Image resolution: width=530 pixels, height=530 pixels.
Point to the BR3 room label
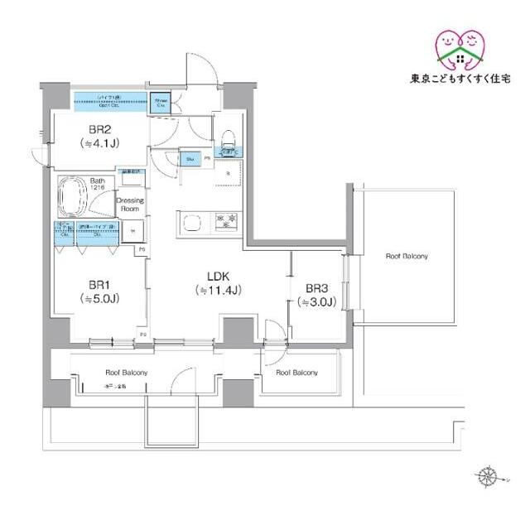click(x=316, y=288)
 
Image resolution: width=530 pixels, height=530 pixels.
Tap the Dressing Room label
click(x=130, y=205)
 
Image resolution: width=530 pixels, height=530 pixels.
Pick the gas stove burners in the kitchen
click(x=225, y=221)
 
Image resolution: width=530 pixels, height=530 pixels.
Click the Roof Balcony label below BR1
click(x=127, y=373)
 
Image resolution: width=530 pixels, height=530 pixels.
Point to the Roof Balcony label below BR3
click(x=296, y=373)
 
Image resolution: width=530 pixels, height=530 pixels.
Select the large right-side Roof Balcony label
click(x=407, y=257)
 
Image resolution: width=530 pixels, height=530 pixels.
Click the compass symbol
click(x=487, y=477)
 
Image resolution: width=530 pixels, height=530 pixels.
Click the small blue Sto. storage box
click(x=190, y=159)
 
